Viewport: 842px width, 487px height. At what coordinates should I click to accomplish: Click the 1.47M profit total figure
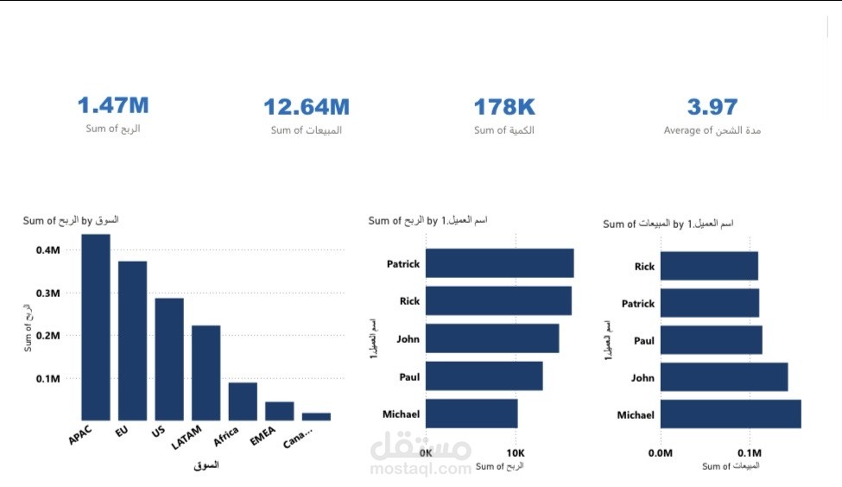(113, 106)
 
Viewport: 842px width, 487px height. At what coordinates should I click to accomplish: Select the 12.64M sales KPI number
(307, 107)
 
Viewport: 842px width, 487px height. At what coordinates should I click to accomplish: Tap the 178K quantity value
(504, 107)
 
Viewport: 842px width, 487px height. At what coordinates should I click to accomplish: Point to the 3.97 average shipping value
(712, 107)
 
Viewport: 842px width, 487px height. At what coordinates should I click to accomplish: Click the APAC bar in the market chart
(96, 326)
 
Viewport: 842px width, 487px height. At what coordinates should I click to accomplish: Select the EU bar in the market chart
(132, 340)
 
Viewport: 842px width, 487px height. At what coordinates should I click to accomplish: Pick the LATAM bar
(206, 372)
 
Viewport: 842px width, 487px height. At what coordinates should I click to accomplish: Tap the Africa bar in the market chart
(243, 401)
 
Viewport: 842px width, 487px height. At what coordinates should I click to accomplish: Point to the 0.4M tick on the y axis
(48, 250)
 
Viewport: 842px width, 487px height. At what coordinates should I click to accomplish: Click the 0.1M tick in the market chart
(48, 378)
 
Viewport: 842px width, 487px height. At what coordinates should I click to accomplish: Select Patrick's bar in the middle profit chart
(499, 263)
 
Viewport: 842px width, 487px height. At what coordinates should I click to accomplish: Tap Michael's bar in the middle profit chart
(472, 414)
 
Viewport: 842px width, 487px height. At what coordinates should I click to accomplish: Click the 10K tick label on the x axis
(515, 452)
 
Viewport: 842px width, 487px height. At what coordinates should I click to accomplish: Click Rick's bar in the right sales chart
(709, 266)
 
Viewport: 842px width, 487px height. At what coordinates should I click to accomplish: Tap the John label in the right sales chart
(643, 377)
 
